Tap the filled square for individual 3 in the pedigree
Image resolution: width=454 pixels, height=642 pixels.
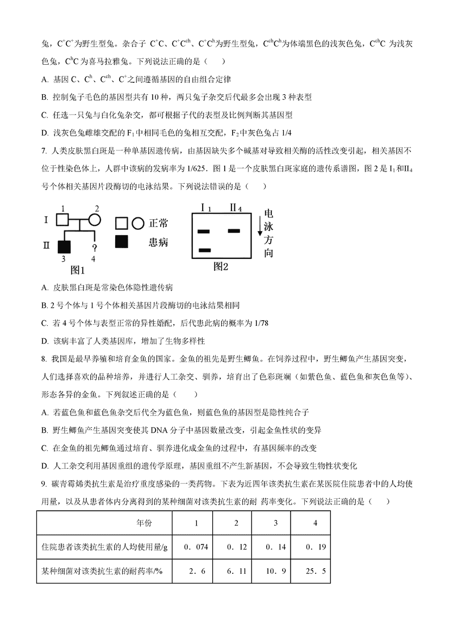64,246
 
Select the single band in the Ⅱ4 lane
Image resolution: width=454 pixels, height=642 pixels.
234,230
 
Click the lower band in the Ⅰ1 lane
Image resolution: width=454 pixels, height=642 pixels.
205,250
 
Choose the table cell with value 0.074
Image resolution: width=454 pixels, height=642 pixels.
196,547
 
